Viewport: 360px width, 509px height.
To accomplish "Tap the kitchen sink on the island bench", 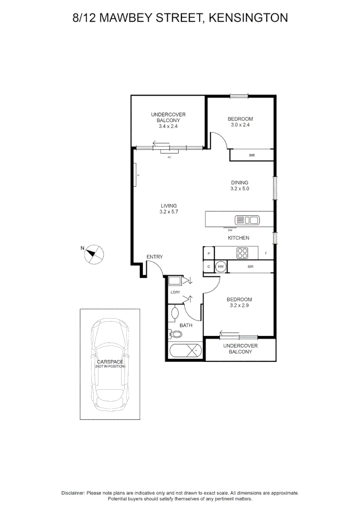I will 247,220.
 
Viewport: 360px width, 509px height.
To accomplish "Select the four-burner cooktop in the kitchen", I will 242,253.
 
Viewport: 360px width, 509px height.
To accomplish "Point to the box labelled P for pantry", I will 208,254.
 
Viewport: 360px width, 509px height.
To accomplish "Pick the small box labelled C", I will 208,267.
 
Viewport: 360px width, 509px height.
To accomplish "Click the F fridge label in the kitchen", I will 266,254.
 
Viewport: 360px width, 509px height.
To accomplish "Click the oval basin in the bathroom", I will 175,313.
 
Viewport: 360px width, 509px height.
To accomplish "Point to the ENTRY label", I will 155,257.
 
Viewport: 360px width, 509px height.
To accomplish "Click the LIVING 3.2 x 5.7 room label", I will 168,209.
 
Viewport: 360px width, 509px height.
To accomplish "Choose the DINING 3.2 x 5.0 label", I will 239,186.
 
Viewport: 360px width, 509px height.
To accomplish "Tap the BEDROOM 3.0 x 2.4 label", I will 240,122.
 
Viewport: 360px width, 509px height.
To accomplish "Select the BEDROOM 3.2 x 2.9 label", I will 239,302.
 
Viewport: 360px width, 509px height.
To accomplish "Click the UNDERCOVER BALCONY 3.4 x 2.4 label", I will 168,120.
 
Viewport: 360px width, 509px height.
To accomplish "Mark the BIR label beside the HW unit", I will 251,267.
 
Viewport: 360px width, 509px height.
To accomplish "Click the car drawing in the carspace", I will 110,364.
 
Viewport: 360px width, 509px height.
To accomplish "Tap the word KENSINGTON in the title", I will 248,18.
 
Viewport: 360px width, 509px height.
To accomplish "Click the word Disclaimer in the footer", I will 73,493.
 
